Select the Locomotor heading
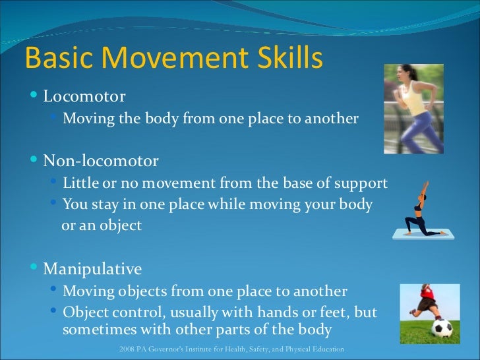click(84, 97)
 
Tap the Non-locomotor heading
click(100, 161)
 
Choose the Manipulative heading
click(92, 269)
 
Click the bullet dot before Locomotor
click(35, 97)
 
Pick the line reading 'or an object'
click(102, 225)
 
